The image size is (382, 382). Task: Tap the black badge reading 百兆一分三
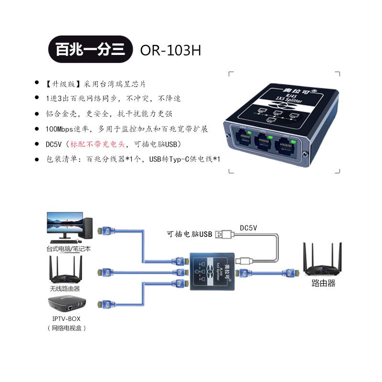90,50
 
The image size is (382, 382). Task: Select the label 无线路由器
64,289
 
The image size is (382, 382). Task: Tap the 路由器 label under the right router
323,283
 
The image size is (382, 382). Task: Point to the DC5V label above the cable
248,228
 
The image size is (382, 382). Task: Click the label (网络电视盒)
66,328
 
